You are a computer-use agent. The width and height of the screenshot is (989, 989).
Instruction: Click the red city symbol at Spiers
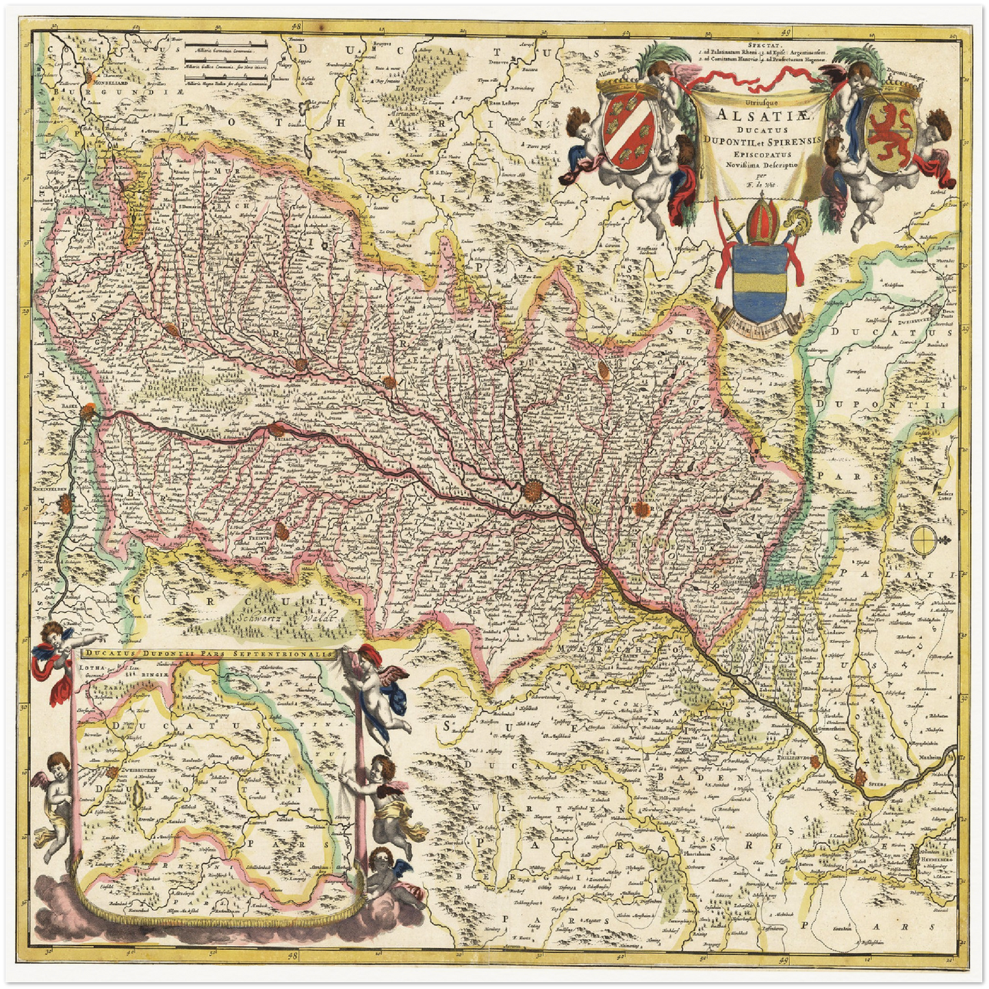click(x=859, y=776)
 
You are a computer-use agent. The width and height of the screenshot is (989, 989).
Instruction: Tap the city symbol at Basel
click(x=87, y=411)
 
